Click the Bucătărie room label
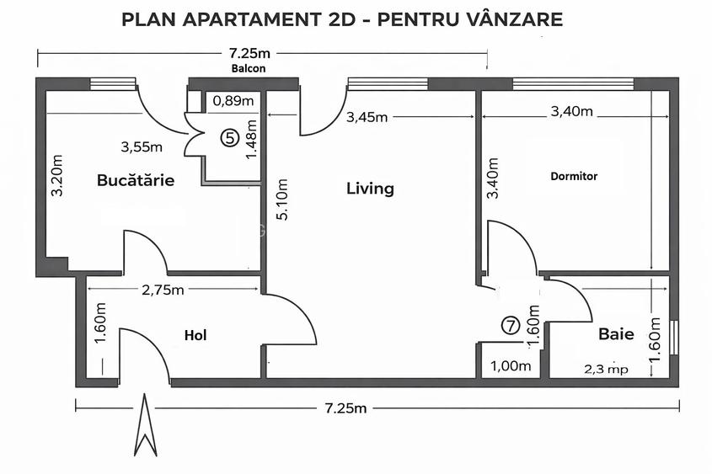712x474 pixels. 136,180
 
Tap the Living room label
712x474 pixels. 370,189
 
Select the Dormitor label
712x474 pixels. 574,177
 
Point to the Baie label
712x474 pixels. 616,334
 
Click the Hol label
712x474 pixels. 195,336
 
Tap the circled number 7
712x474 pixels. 510,325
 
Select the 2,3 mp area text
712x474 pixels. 607,369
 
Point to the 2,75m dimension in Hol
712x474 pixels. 163,290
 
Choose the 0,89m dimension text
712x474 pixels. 233,101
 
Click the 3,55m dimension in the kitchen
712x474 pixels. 142,146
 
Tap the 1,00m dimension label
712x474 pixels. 511,366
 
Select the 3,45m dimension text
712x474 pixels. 367,117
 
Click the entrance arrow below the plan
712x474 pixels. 146,425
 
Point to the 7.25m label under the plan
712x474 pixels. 346,408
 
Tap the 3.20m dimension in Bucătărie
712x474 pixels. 57,175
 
